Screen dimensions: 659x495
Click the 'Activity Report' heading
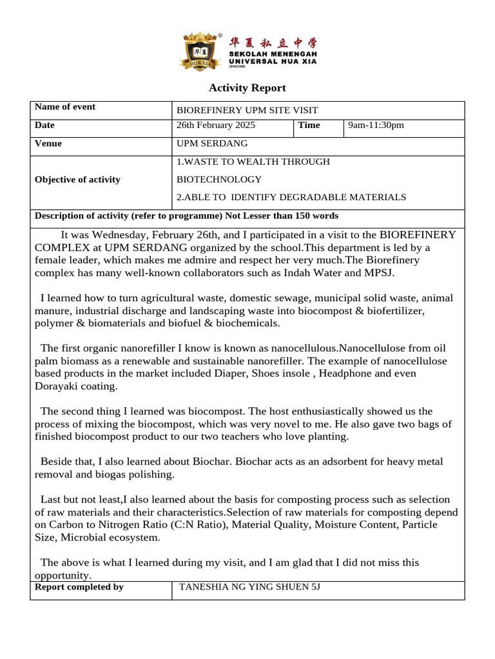247,88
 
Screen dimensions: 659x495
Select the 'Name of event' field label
64,107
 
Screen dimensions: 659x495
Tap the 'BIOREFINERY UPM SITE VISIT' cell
247,111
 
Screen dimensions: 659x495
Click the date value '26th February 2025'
216,125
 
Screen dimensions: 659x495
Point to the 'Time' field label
309,125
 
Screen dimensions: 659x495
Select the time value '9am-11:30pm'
376,125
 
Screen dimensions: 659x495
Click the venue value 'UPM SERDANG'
211,144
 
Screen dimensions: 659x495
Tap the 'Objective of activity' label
77,180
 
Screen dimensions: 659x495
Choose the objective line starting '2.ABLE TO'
291,197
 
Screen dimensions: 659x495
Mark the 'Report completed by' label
79,587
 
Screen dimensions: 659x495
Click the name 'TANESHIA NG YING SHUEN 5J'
249,587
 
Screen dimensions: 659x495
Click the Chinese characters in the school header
273,43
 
